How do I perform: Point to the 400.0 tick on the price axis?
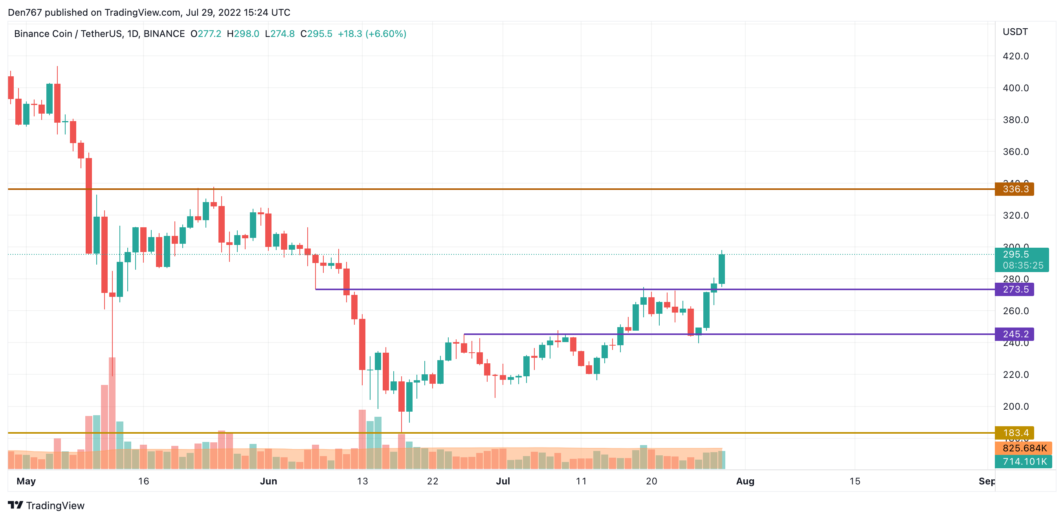point(1016,88)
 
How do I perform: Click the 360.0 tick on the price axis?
point(1016,152)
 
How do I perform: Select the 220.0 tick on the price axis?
point(1016,375)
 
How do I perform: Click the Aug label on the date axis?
point(745,481)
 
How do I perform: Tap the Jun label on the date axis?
point(268,481)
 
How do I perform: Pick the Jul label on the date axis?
point(503,481)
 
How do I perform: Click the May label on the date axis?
point(26,481)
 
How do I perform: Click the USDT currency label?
point(1015,32)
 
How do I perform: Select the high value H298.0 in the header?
point(243,34)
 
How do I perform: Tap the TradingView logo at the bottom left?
point(46,505)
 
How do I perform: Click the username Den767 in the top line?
point(25,13)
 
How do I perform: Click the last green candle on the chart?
point(722,269)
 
